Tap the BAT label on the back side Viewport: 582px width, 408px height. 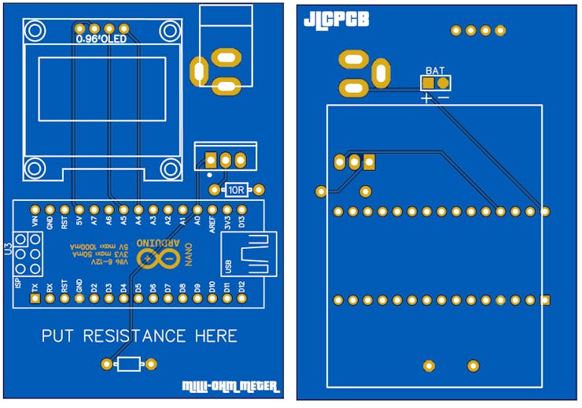pos(434,70)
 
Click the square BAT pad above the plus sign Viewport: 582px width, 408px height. pos(428,82)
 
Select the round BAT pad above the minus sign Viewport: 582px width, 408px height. pos(443,82)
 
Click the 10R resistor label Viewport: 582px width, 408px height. pos(237,190)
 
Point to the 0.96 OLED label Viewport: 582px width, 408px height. pos(101,38)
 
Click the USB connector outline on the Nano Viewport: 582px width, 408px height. pos(252,254)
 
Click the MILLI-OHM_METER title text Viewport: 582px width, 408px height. pos(230,386)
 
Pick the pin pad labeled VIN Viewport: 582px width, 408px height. pos(35,210)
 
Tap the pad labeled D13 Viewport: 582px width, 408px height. pos(241,210)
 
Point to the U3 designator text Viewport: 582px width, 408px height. pos(8,250)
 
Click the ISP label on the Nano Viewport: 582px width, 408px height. pos(17,282)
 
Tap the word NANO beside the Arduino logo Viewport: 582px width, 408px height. pos(188,254)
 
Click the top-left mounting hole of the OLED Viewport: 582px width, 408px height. pos(35,31)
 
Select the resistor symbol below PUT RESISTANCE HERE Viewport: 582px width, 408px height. pos(129,363)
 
